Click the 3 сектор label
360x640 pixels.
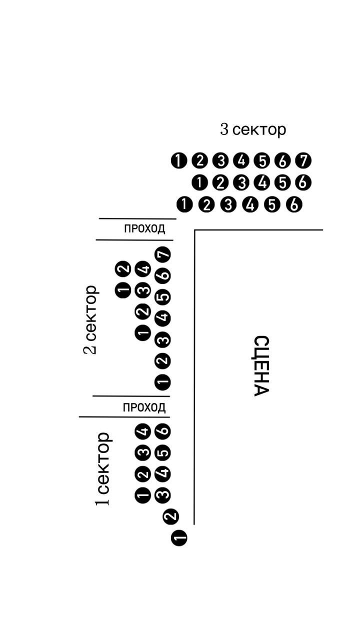coord(253,129)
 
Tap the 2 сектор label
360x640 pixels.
coord(90,319)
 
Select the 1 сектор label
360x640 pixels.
coord(103,468)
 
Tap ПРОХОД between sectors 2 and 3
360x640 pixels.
coord(144,229)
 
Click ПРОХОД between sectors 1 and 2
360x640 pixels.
coord(144,407)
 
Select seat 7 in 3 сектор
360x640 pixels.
coord(303,161)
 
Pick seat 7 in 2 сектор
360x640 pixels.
coord(163,254)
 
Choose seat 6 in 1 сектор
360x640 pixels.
coord(163,431)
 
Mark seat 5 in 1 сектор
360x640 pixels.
coord(163,452)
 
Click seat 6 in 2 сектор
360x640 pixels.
coord(163,275)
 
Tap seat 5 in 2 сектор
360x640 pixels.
coord(163,296)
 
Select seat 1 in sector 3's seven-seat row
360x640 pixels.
coord(178,161)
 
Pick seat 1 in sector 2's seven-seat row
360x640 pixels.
coord(163,382)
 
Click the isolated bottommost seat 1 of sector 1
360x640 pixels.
coord(179,538)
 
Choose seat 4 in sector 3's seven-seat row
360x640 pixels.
coord(241,161)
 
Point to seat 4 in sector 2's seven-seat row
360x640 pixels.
coord(163,317)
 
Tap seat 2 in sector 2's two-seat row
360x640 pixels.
coord(123,268)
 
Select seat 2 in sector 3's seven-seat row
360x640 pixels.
coord(199,161)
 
